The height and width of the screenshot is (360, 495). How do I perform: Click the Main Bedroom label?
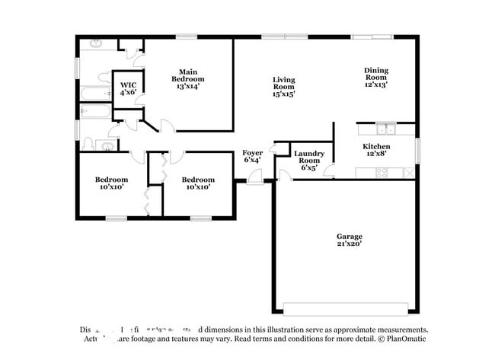pos(187,79)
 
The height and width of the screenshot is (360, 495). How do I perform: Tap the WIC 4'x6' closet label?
pos(126,88)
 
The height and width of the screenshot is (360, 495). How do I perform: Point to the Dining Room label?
pos(375,77)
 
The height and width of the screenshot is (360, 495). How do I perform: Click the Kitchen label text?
pos(376,149)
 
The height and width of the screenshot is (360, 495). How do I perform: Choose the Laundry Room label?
pos(310,160)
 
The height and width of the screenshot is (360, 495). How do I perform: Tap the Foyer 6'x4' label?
pos(252,156)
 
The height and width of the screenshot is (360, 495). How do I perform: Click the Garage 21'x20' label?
pos(349,240)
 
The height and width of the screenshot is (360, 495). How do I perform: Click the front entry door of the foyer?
pos(257,177)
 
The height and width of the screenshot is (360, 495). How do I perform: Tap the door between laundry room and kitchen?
pos(329,170)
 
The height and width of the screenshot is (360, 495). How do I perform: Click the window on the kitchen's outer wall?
pos(417,149)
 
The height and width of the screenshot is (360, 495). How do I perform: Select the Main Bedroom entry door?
pos(166,126)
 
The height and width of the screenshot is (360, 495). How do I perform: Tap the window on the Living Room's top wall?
pos(275,36)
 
